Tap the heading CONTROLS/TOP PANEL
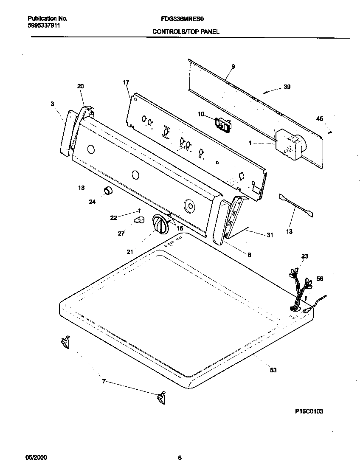(186, 32)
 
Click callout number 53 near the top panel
(273, 370)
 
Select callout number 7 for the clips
(103, 381)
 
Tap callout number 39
(287, 87)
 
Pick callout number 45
(319, 118)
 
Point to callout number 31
(270, 235)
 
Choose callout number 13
(290, 232)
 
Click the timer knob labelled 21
(160, 223)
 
